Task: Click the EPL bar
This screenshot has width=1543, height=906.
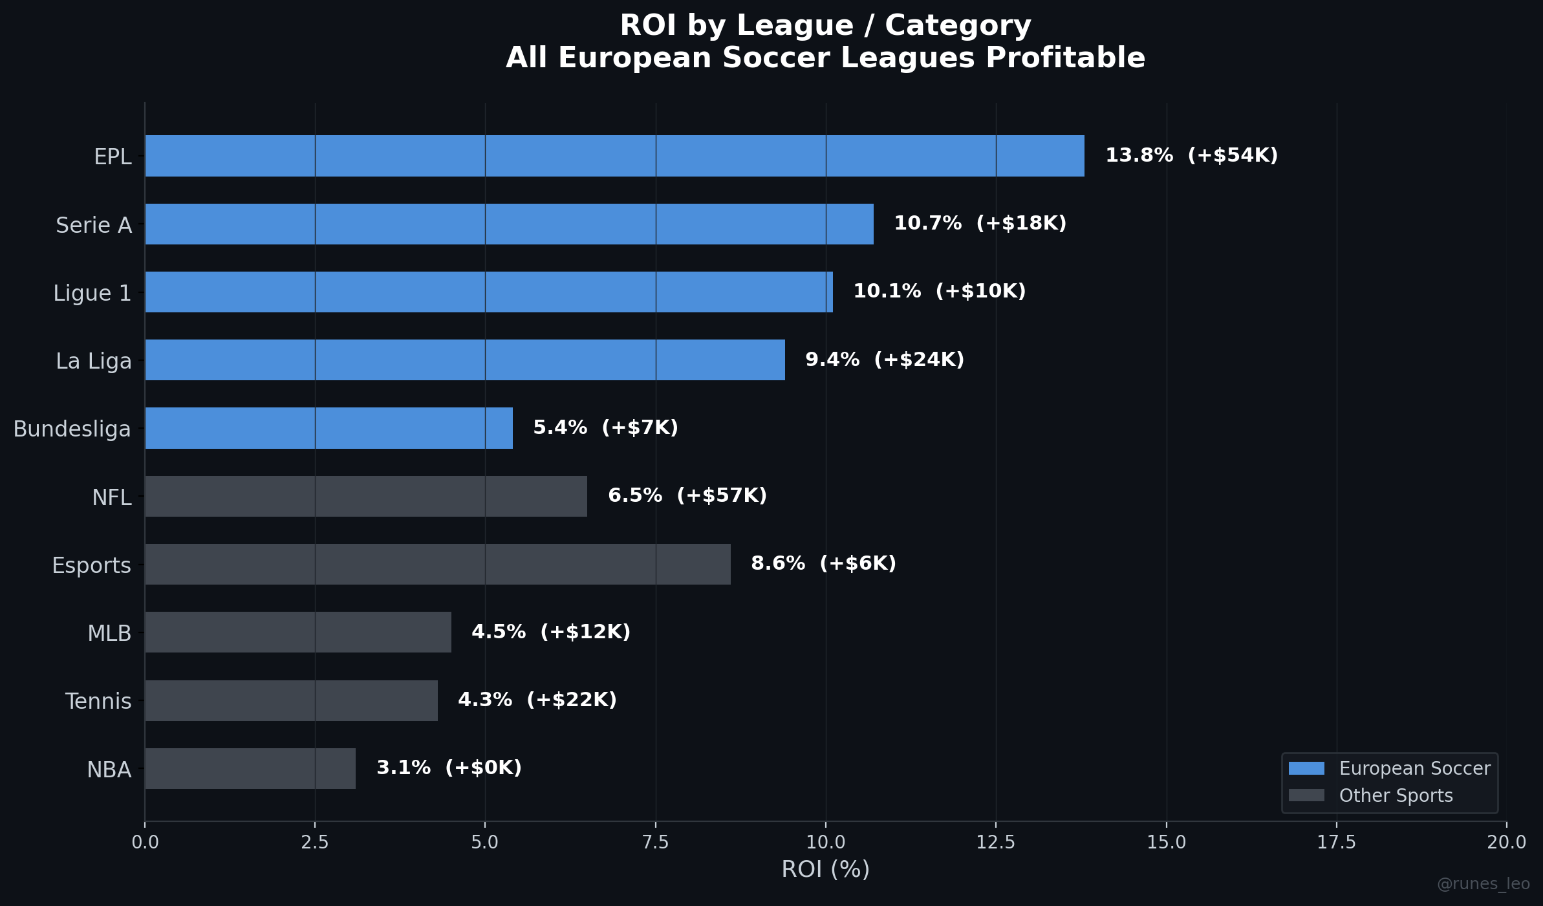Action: click(614, 156)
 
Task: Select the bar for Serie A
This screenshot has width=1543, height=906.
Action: click(509, 224)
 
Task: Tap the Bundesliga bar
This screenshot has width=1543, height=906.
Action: click(329, 428)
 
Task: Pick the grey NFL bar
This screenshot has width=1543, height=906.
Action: click(366, 496)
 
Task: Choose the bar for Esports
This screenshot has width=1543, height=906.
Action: click(438, 564)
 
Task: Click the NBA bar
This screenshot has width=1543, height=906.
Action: click(250, 768)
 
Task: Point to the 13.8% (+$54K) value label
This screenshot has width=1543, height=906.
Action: click(1191, 156)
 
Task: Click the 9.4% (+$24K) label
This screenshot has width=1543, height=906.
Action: click(884, 360)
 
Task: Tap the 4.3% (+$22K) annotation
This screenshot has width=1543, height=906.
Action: click(537, 700)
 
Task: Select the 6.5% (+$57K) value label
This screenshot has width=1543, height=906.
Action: click(687, 495)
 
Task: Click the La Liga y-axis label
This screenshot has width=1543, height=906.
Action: click(94, 361)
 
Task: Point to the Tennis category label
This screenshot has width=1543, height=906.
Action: click(98, 701)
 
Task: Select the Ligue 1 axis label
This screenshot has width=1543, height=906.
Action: click(92, 293)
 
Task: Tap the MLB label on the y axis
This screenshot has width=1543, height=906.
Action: click(109, 633)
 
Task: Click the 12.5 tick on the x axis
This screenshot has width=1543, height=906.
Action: click(996, 842)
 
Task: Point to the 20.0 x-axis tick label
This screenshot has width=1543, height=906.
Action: click(1506, 842)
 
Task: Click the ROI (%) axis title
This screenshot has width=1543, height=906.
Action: click(825, 869)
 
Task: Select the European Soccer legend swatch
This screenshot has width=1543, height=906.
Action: click(1306, 768)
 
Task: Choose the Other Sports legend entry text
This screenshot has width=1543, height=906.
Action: click(1396, 795)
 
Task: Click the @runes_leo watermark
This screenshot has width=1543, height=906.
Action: click(1483, 884)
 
